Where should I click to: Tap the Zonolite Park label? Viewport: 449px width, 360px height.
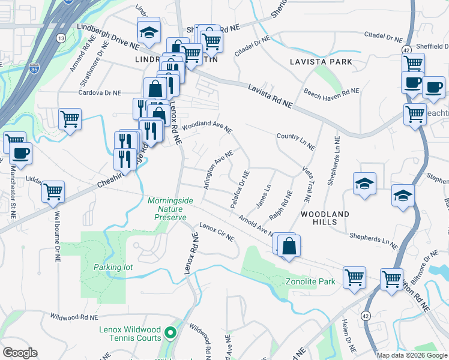[x=310, y=281]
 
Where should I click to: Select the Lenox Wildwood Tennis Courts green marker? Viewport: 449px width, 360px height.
[x=170, y=332]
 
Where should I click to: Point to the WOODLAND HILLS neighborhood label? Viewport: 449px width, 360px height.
[x=325, y=218]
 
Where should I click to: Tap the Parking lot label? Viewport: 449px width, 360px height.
[x=113, y=267]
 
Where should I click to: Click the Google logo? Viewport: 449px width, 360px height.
[x=20, y=353]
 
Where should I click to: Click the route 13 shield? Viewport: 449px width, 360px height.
[x=61, y=38]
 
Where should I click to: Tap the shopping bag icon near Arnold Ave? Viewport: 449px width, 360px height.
[x=289, y=246]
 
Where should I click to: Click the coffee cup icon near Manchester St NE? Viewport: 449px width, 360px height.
[x=20, y=152]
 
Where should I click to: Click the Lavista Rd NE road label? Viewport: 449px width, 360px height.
[x=270, y=96]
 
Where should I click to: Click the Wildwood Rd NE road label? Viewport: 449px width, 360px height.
[x=74, y=316]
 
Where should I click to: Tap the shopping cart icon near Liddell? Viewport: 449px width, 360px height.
[x=53, y=191]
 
